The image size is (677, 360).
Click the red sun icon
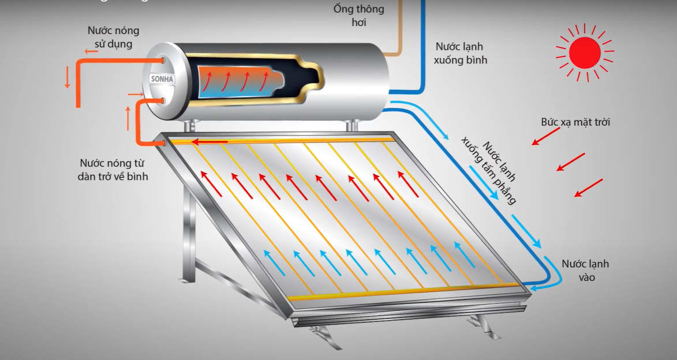585,52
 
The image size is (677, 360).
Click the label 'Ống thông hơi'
358,16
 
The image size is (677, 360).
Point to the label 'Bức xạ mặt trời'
575,122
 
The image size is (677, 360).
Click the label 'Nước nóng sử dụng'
113,37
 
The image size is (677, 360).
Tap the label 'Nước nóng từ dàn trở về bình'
114,170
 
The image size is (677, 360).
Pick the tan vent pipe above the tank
398,35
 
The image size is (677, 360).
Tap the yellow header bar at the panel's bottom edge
404,292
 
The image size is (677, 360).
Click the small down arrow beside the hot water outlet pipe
67,77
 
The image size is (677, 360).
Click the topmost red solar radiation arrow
545,136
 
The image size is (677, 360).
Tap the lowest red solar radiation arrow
588,188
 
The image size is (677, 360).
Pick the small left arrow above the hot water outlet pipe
91,51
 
